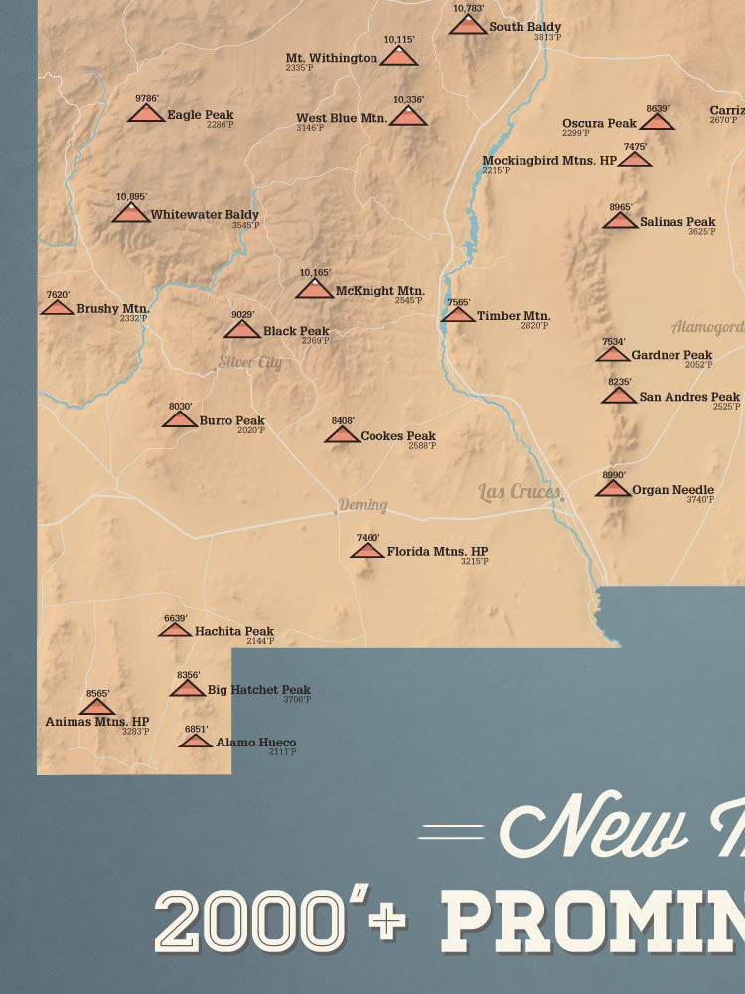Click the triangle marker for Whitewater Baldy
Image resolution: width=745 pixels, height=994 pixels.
pyautogui.click(x=130, y=213)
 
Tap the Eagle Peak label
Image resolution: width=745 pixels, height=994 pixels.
pyautogui.click(x=200, y=115)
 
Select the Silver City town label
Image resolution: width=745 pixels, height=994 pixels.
pyautogui.click(x=250, y=363)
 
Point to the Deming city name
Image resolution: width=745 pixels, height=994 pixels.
pyautogui.click(x=363, y=505)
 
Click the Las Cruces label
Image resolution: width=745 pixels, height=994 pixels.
pyautogui.click(x=520, y=491)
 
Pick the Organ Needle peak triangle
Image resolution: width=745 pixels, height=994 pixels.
pyautogui.click(x=614, y=487)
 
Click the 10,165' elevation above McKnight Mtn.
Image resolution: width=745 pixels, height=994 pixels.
pyautogui.click(x=315, y=272)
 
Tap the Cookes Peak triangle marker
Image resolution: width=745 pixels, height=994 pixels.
pyautogui.click(x=342, y=434)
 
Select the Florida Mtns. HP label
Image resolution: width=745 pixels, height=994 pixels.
pyautogui.click(x=437, y=551)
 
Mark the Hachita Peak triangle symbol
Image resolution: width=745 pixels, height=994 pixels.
pyautogui.click(x=175, y=629)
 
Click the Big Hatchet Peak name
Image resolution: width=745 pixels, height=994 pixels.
pyautogui.click(x=258, y=689)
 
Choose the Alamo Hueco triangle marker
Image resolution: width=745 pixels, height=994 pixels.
pyautogui.click(x=196, y=741)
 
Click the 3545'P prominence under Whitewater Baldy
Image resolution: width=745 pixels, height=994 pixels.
pyautogui.click(x=245, y=226)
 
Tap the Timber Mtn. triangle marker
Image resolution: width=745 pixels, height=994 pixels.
pyautogui.click(x=458, y=315)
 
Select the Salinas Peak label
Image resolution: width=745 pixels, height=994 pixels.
pyautogui.click(x=677, y=222)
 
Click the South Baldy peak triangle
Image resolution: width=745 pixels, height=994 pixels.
pyautogui.click(x=467, y=25)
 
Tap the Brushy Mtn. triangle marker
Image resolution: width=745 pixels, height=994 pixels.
pyautogui.click(x=58, y=308)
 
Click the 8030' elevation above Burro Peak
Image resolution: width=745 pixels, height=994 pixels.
pyautogui.click(x=179, y=406)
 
